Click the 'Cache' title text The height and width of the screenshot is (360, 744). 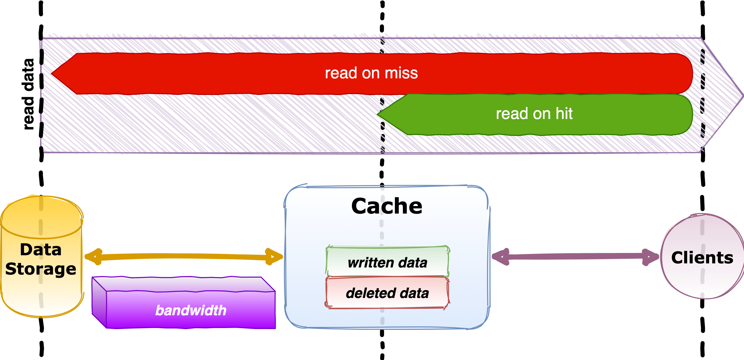click(x=387, y=206)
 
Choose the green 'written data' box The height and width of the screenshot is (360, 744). click(x=387, y=262)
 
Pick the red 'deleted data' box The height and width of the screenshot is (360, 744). click(x=387, y=293)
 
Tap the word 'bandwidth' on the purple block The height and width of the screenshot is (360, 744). click(x=191, y=311)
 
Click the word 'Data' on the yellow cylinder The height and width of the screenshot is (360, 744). click(x=41, y=249)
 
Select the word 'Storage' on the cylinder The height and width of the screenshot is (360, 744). click(x=41, y=269)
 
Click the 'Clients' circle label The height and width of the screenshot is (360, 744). click(x=702, y=258)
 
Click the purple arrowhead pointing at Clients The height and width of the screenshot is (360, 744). click(x=652, y=256)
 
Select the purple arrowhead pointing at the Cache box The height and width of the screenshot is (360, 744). click(x=500, y=256)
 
